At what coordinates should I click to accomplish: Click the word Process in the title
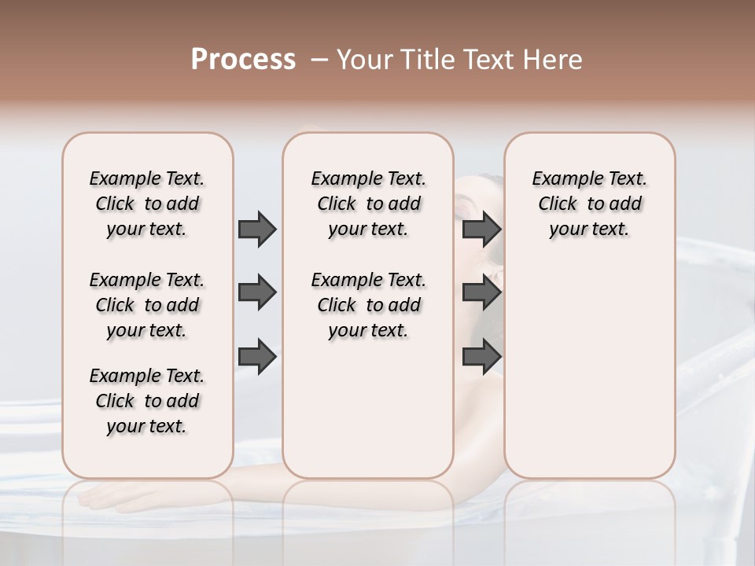pyautogui.click(x=243, y=60)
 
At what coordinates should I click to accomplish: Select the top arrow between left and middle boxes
pyautogui.click(x=257, y=229)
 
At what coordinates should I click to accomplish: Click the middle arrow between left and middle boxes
pyautogui.click(x=257, y=292)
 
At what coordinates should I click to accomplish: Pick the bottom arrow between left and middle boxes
pyautogui.click(x=257, y=356)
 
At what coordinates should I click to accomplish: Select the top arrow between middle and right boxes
pyautogui.click(x=481, y=229)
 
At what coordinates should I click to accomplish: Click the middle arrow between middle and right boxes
pyautogui.click(x=481, y=292)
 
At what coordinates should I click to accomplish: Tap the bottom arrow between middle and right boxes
pyautogui.click(x=481, y=356)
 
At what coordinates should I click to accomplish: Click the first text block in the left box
pyautogui.click(x=147, y=204)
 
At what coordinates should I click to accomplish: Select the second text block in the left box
pyautogui.click(x=147, y=305)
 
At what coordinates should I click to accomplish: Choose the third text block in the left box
pyautogui.click(x=147, y=401)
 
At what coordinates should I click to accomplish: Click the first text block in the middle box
pyautogui.click(x=368, y=204)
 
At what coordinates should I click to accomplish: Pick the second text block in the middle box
pyautogui.click(x=368, y=305)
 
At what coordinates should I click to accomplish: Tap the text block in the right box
pyautogui.click(x=589, y=204)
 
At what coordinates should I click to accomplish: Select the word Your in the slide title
pyautogui.click(x=363, y=60)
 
